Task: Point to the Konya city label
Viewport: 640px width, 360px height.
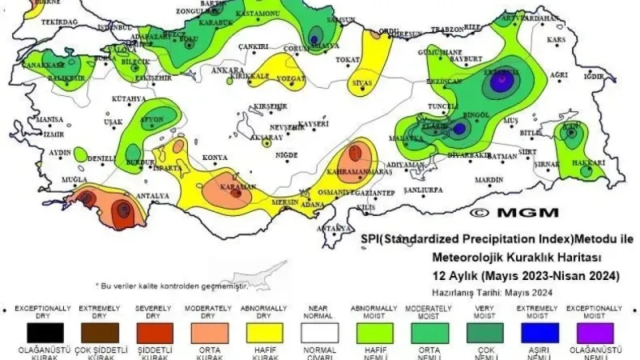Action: point(215,158)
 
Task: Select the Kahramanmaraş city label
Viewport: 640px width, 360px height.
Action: point(359,172)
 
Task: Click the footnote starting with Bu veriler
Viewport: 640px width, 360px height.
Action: point(172,286)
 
